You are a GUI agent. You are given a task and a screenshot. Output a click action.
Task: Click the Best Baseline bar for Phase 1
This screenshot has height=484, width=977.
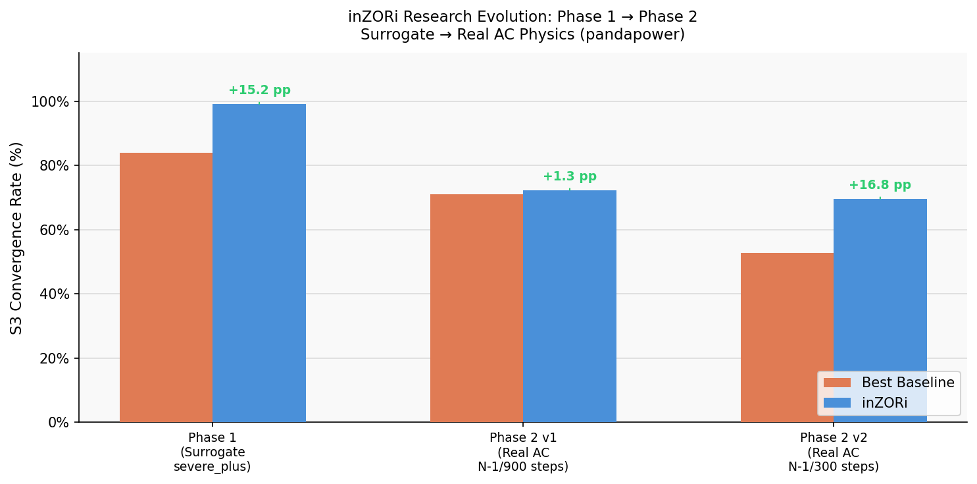166,287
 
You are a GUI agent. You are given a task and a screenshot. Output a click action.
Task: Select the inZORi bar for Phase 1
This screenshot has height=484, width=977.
259,263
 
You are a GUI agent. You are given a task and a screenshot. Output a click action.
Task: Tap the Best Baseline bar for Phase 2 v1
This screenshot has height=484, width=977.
476,308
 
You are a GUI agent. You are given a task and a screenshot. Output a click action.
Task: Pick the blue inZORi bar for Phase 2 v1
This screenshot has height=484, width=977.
570,306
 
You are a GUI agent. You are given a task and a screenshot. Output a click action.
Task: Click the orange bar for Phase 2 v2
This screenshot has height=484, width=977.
787,337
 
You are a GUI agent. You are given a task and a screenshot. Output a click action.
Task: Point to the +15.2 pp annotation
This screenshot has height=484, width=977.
259,90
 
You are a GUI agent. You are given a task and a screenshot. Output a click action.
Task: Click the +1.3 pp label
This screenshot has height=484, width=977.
570,176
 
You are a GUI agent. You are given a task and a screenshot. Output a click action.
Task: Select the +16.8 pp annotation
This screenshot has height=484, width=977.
880,185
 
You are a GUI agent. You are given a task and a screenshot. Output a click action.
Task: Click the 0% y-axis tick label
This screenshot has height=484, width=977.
59,423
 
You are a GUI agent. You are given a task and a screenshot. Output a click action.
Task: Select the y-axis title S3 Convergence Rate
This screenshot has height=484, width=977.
16,238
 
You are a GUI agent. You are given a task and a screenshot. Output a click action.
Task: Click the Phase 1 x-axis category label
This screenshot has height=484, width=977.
212,452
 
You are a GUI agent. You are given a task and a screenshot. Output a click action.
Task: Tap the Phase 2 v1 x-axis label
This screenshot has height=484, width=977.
523,452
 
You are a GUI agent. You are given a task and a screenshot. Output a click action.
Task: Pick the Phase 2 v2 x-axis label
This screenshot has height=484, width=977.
834,452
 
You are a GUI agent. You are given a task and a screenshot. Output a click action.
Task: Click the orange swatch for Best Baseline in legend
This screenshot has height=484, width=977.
837,383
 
